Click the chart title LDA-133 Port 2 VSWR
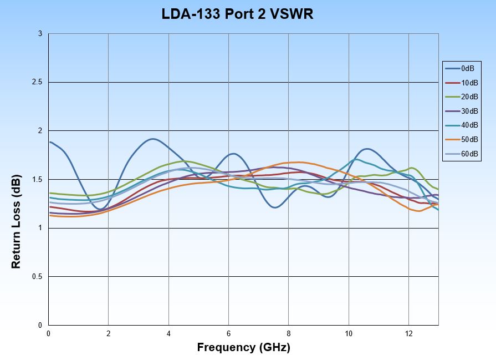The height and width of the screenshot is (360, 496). coord(238,14)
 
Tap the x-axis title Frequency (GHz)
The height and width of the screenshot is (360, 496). coord(243,348)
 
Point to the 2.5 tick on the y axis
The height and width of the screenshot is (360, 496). coord(38,83)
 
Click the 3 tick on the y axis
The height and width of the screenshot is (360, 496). coord(40,34)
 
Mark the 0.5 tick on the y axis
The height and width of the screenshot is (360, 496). coord(38,277)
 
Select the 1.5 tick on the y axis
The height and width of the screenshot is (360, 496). coord(38,180)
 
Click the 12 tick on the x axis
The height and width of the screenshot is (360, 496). coord(409,334)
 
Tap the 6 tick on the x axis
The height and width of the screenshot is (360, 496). coord(228,334)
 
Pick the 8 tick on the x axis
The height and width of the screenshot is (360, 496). coord(289,334)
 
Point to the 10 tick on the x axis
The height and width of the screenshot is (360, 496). coord(349,334)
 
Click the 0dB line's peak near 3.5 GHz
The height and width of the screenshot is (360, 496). coord(153,139)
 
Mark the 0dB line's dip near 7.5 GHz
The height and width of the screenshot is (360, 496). coord(275,207)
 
